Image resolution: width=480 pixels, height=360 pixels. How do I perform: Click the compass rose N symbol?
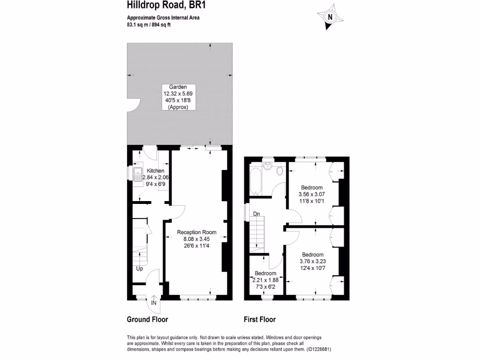pos(330,17)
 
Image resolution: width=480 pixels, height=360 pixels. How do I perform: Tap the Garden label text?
pos(178,87)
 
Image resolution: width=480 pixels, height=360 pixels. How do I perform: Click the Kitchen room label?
pos(156,171)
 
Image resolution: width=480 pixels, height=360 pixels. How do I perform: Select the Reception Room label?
pos(196,232)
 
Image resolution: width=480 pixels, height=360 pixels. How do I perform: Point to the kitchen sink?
pos(138,174)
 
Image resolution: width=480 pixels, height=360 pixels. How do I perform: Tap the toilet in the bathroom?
pos(280,171)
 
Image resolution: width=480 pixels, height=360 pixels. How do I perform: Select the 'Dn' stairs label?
pos(256,214)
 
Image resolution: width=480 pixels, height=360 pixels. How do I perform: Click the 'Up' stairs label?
pos(140,269)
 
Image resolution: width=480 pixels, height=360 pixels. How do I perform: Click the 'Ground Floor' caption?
pos(147,320)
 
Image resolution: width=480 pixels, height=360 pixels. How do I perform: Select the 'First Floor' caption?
pos(259,320)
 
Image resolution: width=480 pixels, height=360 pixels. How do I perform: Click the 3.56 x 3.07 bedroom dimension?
pos(312,195)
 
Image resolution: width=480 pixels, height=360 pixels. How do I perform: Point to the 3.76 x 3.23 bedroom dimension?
pos(312,262)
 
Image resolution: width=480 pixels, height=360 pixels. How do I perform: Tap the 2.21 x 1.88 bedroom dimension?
pos(265,280)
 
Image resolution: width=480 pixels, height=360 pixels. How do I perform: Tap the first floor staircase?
pos(257,234)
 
